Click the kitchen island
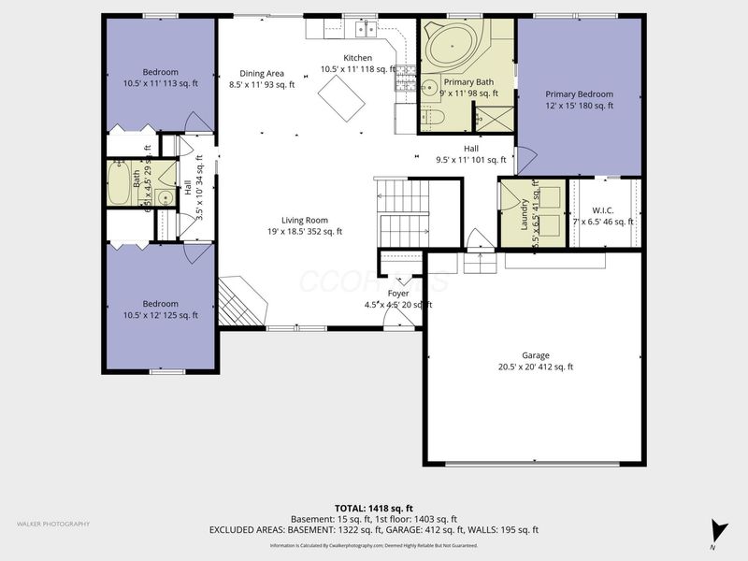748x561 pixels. (x=342, y=97)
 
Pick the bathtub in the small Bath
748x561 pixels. (x=119, y=183)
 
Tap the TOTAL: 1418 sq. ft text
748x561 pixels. (x=373, y=508)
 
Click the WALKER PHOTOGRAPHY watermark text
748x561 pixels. (x=53, y=524)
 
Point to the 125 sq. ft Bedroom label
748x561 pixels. (x=161, y=309)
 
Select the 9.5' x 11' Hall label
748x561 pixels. (x=470, y=154)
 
